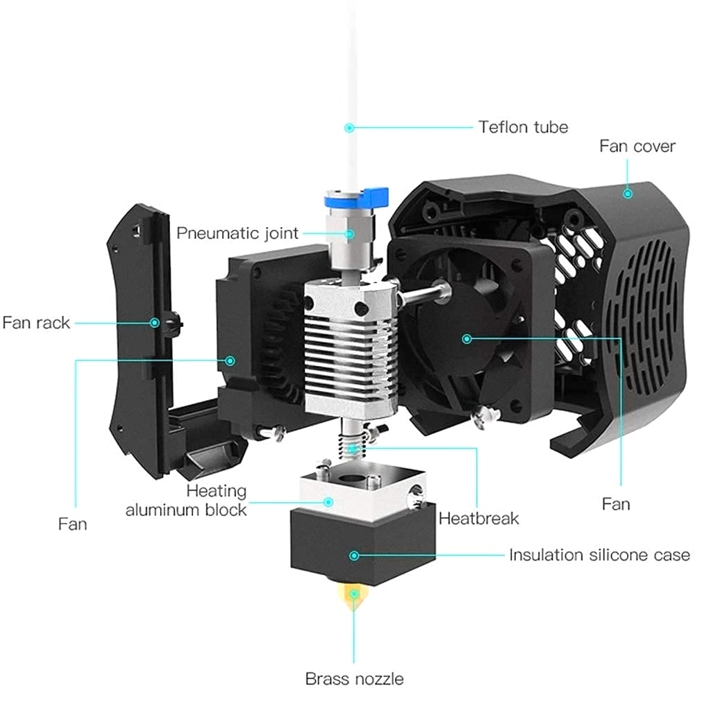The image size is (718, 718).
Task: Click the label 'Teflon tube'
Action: pos(523,127)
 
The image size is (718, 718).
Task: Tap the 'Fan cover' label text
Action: pos(637,147)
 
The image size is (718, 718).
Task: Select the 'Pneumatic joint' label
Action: pos(237,232)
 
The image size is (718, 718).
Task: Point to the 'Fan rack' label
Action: pos(36,323)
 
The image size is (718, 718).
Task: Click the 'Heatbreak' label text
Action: pos(478,518)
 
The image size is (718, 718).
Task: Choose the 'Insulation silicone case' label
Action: pos(599,555)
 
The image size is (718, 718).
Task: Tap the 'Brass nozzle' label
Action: pos(354,678)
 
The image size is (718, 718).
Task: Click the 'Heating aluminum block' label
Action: pos(186,500)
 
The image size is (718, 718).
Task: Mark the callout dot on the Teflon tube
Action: pos(350,128)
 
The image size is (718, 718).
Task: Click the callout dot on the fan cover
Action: pos(628,194)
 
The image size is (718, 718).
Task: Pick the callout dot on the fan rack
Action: pos(156,322)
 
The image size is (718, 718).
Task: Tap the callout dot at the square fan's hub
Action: pos(467,339)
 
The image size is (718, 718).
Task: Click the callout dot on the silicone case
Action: pos(354,556)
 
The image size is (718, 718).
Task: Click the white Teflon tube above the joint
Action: pos(352,83)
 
